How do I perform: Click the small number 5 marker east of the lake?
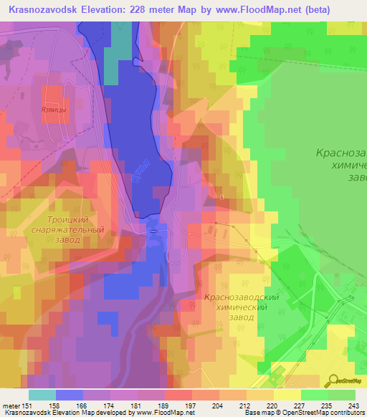pos(222,196)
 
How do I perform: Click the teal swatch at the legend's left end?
pos(42,394)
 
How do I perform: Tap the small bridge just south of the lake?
pos(153,231)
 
